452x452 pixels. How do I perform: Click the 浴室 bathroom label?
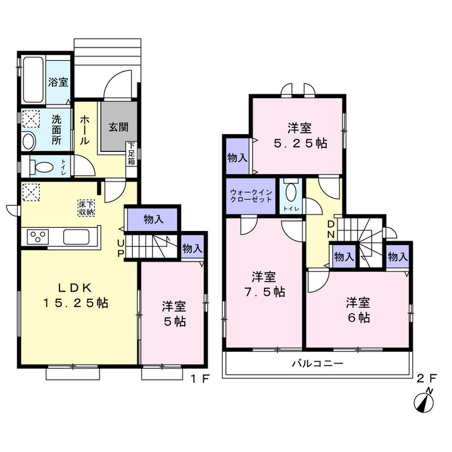(58, 82)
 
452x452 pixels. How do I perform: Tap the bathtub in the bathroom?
(33, 80)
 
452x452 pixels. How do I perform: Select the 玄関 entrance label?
(118, 127)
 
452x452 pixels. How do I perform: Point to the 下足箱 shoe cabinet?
(132, 153)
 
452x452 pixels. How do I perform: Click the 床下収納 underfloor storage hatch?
(86, 208)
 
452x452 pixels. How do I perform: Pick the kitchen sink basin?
(76, 237)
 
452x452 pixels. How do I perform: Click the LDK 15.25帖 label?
(75, 296)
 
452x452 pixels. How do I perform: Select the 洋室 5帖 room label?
(174, 313)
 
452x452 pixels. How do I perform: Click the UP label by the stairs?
(120, 249)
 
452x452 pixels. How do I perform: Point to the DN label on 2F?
(331, 229)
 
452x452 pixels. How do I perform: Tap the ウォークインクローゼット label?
(251, 196)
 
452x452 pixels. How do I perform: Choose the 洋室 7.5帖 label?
(265, 284)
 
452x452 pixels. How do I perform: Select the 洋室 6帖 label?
(358, 310)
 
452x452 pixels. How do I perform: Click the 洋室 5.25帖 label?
(300, 135)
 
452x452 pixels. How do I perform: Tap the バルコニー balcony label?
(318, 363)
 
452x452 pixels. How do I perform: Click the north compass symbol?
(424, 401)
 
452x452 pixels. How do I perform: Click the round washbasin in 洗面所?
(28, 141)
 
